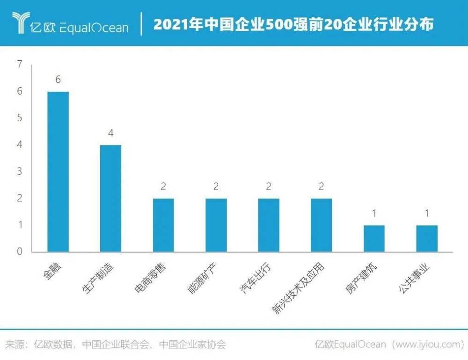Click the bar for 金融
click(x=58, y=172)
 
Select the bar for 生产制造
click(x=111, y=198)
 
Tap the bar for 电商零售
click(x=163, y=225)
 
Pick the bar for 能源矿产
click(x=216, y=225)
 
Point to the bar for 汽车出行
click(x=269, y=225)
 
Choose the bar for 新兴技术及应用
click(x=322, y=225)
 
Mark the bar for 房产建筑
click(x=374, y=239)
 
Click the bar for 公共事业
click(x=427, y=239)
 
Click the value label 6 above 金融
click(x=58, y=80)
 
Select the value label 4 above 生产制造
click(x=111, y=133)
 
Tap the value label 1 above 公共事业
click(x=427, y=214)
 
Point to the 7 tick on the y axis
click(x=19, y=65)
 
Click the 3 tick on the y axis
click(x=19, y=171)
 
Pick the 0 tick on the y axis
click(x=19, y=252)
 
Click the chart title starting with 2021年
click(x=293, y=24)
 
